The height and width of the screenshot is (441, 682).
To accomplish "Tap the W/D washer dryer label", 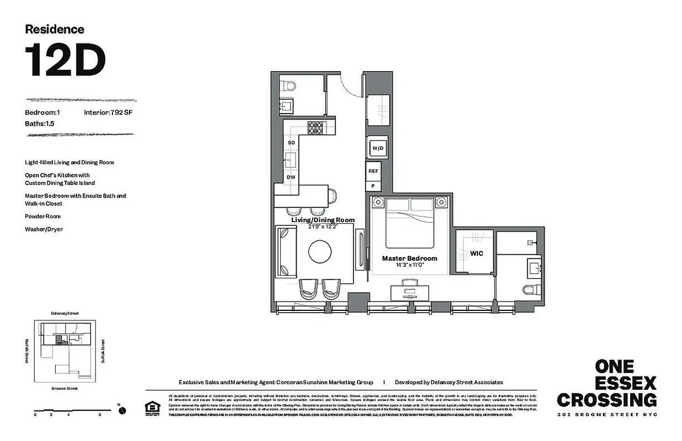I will pyautogui.click(x=378, y=148).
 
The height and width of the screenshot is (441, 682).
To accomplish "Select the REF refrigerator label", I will pyautogui.click(x=373, y=171).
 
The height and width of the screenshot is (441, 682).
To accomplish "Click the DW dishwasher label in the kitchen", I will pyautogui.click(x=290, y=177).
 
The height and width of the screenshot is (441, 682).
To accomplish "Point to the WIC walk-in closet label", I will pyautogui.click(x=476, y=253).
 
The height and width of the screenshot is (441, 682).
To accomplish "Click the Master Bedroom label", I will pyautogui.click(x=410, y=258).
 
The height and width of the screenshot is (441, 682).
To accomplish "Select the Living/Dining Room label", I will pyautogui.click(x=323, y=220).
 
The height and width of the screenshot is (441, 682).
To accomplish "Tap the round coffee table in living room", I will pyautogui.click(x=320, y=252).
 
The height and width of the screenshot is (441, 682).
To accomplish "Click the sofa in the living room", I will pyautogui.click(x=286, y=252).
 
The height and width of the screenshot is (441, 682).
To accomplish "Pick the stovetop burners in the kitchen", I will pyautogui.click(x=315, y=128).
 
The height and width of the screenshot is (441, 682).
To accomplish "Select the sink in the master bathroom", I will pyautogui.click(x=534, y=268).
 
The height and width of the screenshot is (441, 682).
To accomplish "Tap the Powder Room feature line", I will pyautogui.click(x=43, y=217).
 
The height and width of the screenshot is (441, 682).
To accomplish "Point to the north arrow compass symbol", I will pyautogui.click(x=122, y=410).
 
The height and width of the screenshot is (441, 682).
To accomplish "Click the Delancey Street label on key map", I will pyautogui.click(x=65, y=313).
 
